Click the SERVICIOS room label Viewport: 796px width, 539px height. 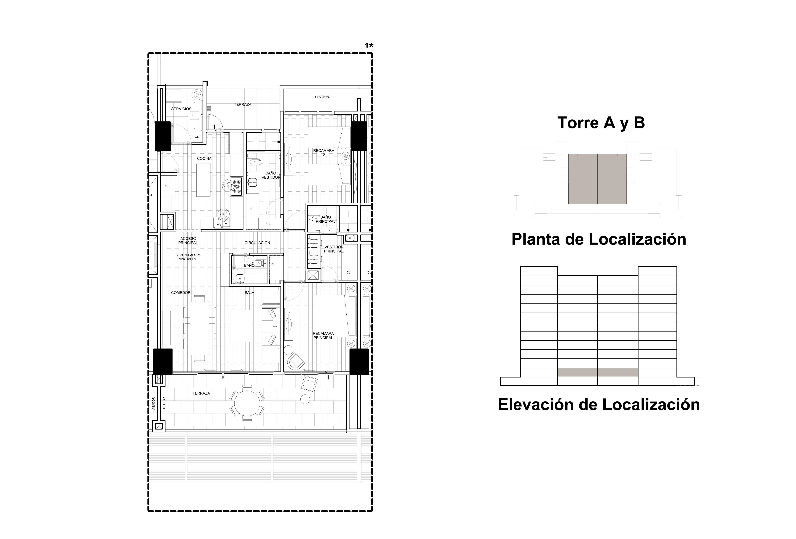click(x=181, y=109)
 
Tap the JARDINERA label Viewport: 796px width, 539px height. click(x=321, y=97)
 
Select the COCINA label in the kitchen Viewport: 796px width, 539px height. click(x=204, y=159)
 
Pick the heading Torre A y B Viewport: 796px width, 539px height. click(x=601, y=123)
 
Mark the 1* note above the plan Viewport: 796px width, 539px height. click(x=369, y=45)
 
